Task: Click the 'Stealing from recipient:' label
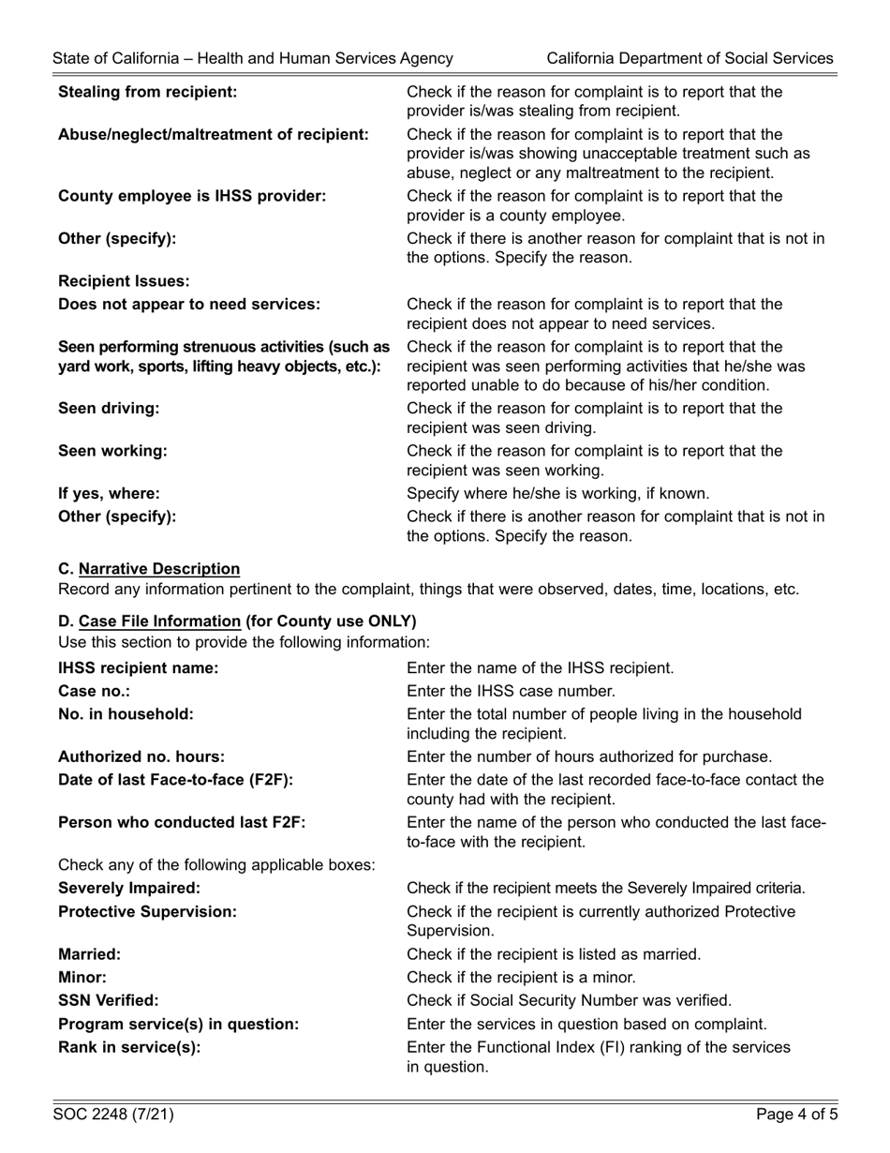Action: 147,92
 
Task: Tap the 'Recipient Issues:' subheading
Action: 124,281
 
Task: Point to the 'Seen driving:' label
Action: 109,408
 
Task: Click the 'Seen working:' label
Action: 112,450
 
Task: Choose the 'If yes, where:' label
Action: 109,493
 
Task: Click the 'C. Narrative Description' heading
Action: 149,569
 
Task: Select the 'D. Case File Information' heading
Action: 237,621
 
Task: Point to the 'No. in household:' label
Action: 126,713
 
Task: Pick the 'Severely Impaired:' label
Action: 129,888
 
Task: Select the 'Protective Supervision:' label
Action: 147,911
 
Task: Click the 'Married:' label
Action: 89,954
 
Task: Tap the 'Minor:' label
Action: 82,977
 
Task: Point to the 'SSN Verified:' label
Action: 108,1000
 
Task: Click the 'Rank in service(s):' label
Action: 129,1046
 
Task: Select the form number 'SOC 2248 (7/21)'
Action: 113,1115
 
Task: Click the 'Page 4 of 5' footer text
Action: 797,1115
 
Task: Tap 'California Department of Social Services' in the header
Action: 690,58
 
